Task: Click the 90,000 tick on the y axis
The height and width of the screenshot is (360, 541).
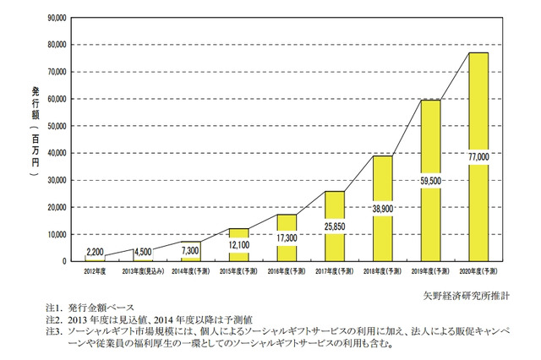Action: click(57, 17)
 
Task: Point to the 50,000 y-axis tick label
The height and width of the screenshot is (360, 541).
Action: click(57, 126)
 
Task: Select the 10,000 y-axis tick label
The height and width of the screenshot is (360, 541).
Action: click(57, 234)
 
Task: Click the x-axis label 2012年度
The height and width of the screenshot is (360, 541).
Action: click(95, 271)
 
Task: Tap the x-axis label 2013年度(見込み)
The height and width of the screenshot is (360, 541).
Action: click(143, 271)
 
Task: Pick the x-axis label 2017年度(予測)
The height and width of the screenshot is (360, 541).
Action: click(335, 271)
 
